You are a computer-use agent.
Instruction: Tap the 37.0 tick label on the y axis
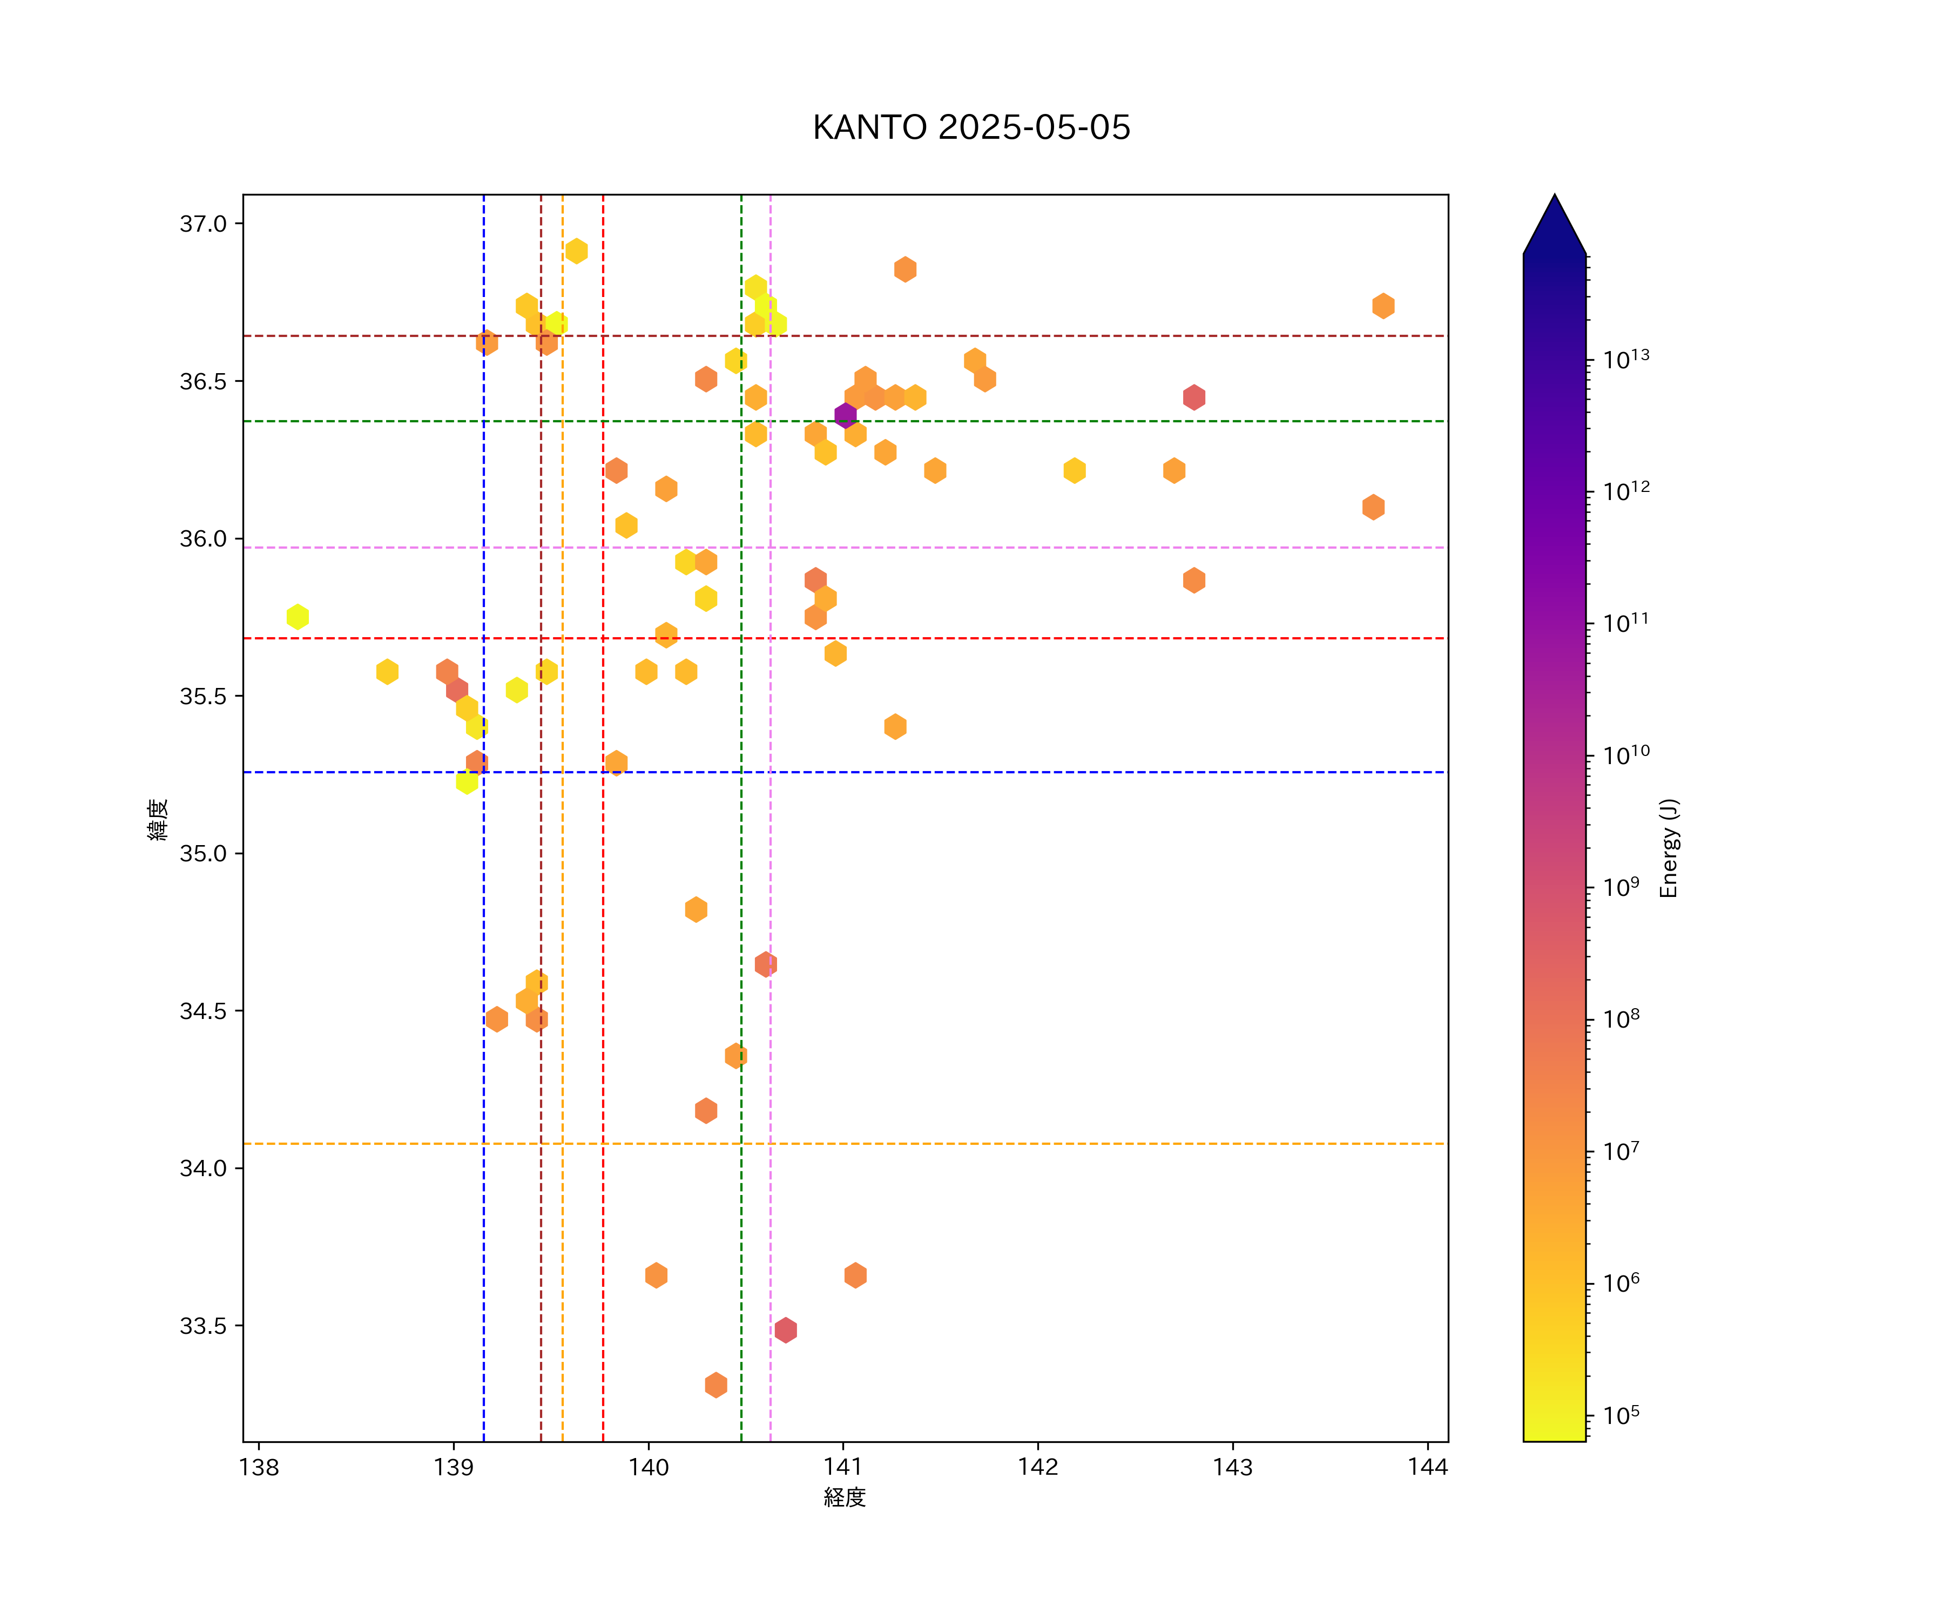click(x=202, y=224)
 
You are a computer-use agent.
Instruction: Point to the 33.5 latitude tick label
click(x=202, y=1326)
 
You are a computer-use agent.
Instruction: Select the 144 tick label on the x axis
click(x=1427, y=1467)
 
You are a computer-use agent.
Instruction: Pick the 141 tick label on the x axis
click(x=842, y=1467)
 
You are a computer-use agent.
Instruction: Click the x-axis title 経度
click(x=844, y=1498)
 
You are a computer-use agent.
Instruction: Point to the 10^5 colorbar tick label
click(x=1621, y=1415)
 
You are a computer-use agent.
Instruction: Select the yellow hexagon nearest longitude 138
click(x=297, y=617)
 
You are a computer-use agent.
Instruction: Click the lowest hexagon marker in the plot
click(x=715, y=1385)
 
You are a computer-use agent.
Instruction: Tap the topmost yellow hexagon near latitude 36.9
click(x=576, y=251)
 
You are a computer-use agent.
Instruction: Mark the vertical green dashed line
click(x=740, y=926)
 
